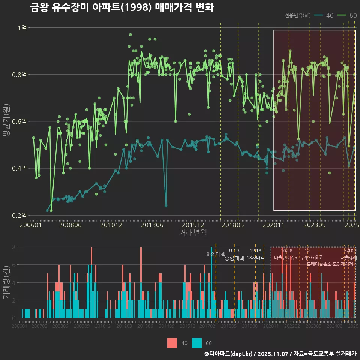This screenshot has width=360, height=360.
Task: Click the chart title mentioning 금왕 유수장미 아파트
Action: pyautogui.click(x=122, y=7)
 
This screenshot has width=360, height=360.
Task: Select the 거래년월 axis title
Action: pyautogui.click(x=193, y=232)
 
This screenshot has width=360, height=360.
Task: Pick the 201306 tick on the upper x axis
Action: pyautogui.click(x=152, y=225)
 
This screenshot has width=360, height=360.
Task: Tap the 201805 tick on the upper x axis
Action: pyautogui.click(x=232, y=225)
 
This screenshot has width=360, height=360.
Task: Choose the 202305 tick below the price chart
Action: pyautogui.click(x=314, y=225)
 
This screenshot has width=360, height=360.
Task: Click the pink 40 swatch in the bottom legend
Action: pyautogui.click(x=172, y=343)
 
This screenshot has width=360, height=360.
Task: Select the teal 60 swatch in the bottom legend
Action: pyautogui.click(x=196, y=343)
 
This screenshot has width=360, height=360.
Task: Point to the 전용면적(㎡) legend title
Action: pyautogui.click(x=297, y=15)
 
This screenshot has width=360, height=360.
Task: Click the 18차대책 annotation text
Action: pyautogui.click(x=255, y=257)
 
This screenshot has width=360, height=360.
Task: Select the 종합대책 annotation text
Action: pyautogui.click(x=234, y=258)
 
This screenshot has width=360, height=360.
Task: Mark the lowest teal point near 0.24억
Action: pyautogui.click(x=166, y=206)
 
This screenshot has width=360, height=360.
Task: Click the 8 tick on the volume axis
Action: pyautogui.click(x=13, y=247)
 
